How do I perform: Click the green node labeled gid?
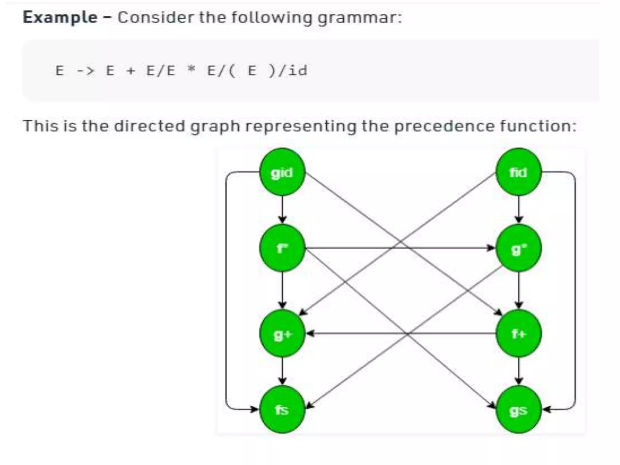[282, 172]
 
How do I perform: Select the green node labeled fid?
[518, 172]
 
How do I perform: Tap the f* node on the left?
[282, 248]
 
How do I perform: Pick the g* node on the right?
[518, 248]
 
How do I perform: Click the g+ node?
[282, 333]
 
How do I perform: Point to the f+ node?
[518, 333]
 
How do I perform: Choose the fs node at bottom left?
[282, 409]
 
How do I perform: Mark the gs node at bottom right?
[518, 409]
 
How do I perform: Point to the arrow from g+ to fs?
[282, 371]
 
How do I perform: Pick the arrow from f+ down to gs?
[518, 371]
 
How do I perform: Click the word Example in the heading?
[60, 17]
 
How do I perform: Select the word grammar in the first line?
[359, 18]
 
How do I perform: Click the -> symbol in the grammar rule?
[85, 71]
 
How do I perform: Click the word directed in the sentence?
[149, 126]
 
